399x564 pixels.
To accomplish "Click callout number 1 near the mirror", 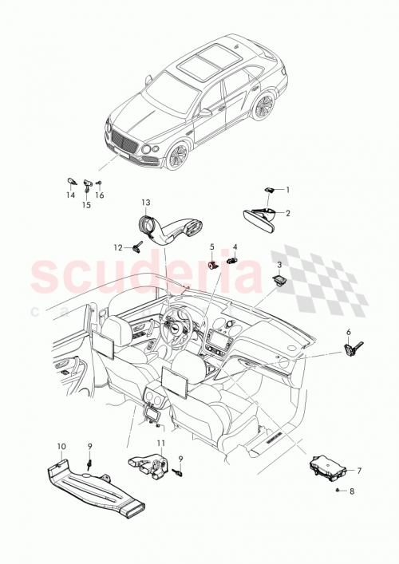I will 288,190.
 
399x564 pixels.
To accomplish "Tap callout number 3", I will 279,264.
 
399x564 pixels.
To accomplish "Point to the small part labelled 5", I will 213,264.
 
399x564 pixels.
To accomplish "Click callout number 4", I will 235,247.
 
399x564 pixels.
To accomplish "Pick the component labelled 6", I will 353,348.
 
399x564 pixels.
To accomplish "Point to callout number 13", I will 146,203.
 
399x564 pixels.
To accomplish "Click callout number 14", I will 69,195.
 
